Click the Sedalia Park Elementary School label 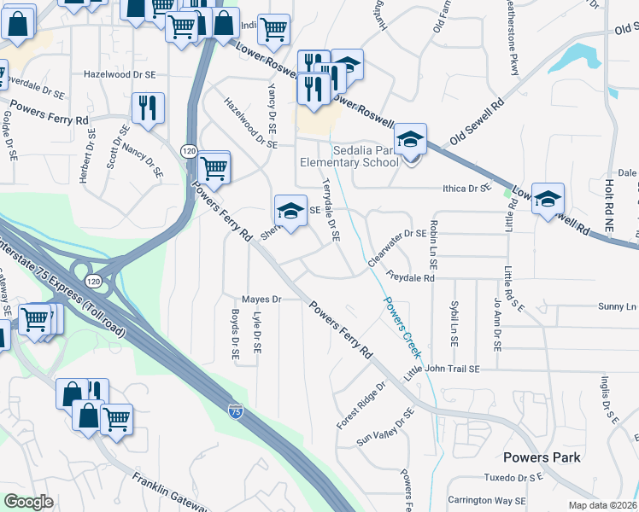pos(349,154)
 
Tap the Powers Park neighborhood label pos(542,457)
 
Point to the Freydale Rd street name pos(411,278)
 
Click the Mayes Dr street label pos(261,300)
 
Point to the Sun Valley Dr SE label pos(385,427)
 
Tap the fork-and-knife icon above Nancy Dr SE pos(149,107)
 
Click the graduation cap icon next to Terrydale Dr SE pos(290,210)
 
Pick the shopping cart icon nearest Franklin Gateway pos(117,417)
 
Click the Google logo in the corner pos(28,502)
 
